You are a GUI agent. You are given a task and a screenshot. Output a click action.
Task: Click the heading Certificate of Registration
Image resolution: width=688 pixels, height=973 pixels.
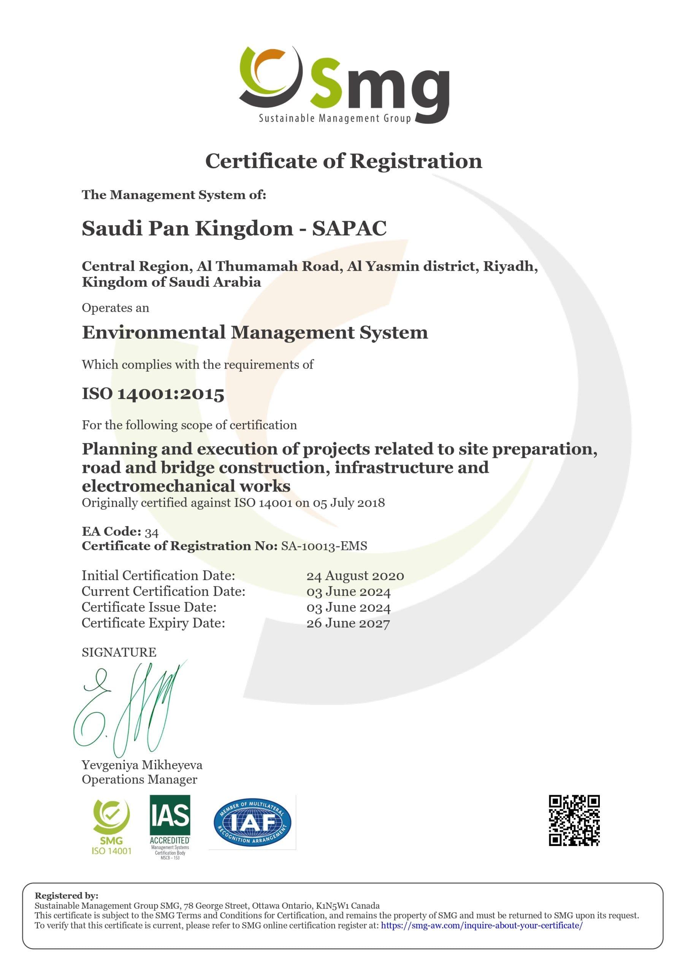[x=343, y=161]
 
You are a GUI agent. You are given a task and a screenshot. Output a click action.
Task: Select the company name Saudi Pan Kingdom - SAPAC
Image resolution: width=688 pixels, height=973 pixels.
[x=234, y=228]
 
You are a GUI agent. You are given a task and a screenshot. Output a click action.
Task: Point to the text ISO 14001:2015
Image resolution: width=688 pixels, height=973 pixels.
[x=153, y=394]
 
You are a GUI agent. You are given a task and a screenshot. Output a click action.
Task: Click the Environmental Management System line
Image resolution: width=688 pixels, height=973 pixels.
[x=255, y=332]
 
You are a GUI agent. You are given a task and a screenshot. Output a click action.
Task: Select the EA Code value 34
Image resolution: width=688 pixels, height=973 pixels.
[x=151, y=532]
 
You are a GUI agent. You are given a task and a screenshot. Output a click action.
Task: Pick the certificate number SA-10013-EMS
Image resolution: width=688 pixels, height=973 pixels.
[x=324, y=546]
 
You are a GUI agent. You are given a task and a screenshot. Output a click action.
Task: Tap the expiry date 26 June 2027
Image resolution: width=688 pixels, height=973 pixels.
[x=348, y=623]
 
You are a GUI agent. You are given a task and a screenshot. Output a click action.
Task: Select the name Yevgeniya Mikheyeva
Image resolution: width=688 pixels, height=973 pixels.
[x=142, y=765]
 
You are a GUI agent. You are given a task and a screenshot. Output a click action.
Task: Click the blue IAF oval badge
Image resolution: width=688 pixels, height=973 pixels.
[x=252, y=822]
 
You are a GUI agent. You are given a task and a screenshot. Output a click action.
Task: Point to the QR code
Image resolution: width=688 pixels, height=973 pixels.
[x=574, y=821]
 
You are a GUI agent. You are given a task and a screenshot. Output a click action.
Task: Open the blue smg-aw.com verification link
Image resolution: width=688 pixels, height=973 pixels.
[x=482, y=925]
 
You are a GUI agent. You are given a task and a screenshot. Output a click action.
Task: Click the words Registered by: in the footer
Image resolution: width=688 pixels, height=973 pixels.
[x=67, y=895]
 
